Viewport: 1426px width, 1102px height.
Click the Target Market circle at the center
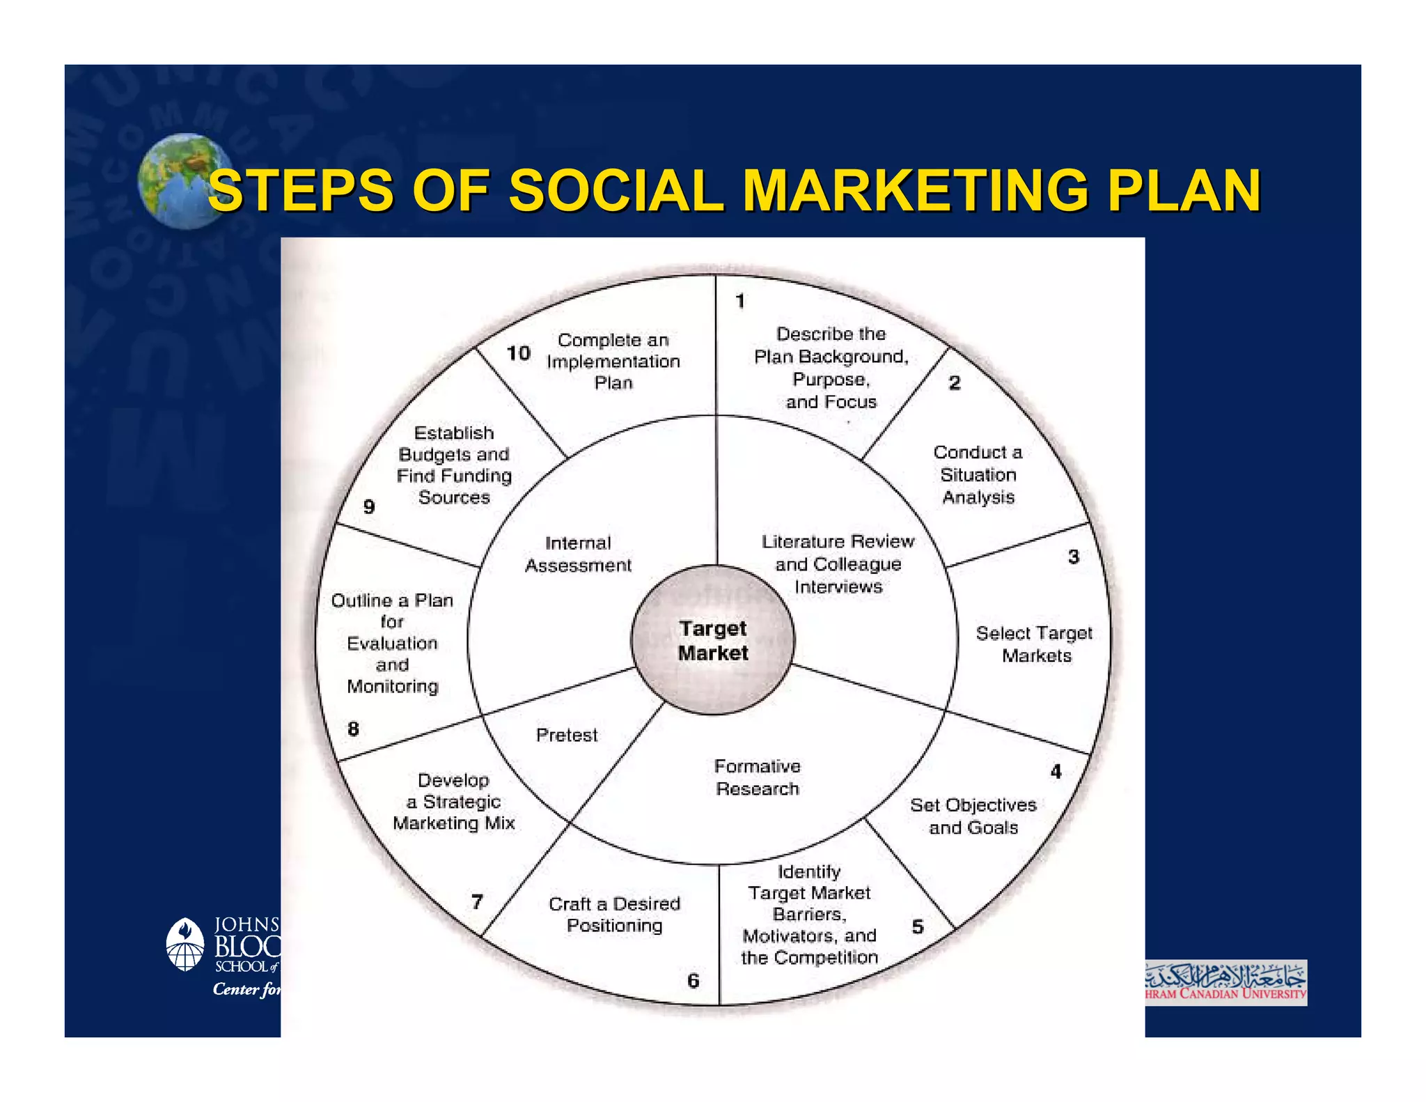coord(713,640)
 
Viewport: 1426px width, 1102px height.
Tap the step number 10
coord(518,353)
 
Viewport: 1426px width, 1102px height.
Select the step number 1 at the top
coord(740,301)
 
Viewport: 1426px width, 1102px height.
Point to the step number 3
coord(1074,557)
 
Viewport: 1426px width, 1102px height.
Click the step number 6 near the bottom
coord(694,981)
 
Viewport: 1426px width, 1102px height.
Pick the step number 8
coord(354,729)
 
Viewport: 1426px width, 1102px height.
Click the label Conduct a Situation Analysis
coord(978,474)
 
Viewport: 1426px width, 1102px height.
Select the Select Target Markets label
coord(1035,644)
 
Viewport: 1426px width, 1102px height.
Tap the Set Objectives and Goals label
coord(973,816)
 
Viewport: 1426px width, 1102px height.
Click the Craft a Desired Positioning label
coord(614,914)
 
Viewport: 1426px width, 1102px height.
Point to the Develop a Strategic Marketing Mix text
coord(454,802)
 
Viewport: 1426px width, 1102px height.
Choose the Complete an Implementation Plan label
coord(613,361)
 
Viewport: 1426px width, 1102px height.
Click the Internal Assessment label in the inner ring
coord(578,554)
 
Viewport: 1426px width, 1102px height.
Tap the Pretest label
coord(567,735)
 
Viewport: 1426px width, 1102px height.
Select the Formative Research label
coord(758,777)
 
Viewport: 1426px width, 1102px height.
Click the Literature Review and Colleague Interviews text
coord(838,564)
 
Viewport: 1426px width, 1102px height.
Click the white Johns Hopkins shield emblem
coord(185,945)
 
